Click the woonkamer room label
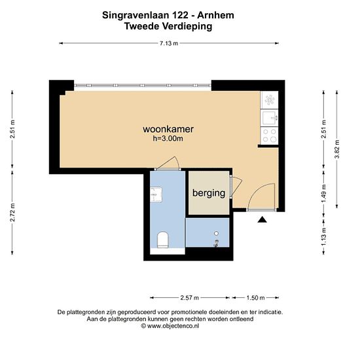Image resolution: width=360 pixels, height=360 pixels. (x=168, y=129)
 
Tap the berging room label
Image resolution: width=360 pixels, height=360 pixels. (x=209, y=193)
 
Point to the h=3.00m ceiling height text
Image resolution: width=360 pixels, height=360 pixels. (x=168, y=139)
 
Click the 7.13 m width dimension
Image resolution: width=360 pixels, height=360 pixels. (x=169, y=43)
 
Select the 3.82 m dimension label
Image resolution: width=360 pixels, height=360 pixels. (x=337, y=149)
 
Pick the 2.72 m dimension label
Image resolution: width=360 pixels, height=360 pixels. (x=12, y=212)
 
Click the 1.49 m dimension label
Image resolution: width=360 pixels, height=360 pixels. (x=324, y=194)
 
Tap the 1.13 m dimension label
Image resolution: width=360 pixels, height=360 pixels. (x=324, y=236)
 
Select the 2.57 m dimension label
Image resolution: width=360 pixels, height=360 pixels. (x=189, y=298)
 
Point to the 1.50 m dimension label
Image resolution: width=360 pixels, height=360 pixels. (x=255, y=298)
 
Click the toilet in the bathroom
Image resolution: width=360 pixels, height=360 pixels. (x=163, y=240)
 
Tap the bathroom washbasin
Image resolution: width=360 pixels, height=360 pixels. (x=156, y=194)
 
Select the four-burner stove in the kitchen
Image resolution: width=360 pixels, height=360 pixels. (x=269, y=135)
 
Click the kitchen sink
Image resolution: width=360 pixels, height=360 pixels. (x=269, y=118)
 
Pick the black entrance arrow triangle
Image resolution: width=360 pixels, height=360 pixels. (x=262, y=220)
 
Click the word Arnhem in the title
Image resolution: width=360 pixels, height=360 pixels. (x=215, y=16)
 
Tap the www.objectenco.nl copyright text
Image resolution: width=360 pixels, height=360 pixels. (x=170, y=326)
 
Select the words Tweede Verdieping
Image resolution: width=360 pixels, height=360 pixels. (x=168, y=26)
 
